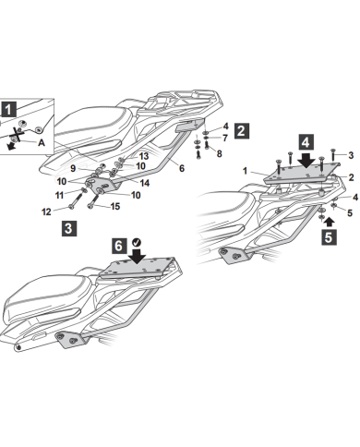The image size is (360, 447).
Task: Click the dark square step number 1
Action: coord(8,110)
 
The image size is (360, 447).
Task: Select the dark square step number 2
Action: coord(242,131)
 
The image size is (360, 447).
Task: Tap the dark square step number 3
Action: coord(69,228)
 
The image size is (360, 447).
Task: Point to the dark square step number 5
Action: coord(329,237)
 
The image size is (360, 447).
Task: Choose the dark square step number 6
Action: coord(119,246)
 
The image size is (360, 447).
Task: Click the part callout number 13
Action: coord(144,156)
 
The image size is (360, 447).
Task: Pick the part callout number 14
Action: coord(144,183)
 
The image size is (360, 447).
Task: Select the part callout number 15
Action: coord(115,206)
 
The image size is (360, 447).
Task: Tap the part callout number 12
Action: coord(46,211)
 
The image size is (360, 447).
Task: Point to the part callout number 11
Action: coord(59,195)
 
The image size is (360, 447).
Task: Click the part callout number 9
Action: coord(73,168)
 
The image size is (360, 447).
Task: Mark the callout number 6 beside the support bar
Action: coord(182,168)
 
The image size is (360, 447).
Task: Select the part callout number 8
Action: coord(219,153)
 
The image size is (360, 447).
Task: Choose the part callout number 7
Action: coord(225,138)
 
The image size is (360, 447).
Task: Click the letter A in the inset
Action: coord(42,142)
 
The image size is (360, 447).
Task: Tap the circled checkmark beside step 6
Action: coord(137,243)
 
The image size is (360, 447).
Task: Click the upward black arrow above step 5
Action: coord(330,222)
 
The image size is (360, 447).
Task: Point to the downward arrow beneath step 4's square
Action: coord(306,160)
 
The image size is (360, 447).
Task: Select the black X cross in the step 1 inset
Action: coord(17,135)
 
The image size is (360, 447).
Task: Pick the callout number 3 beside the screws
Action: coord(351,155)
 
